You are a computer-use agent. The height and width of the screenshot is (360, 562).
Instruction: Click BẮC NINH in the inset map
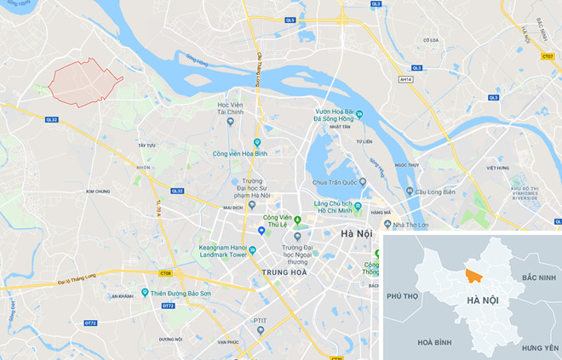pyautogui.click(x=538, y=277)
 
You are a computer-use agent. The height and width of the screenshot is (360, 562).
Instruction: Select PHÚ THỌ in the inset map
pyautogui.click(x=404, y=295)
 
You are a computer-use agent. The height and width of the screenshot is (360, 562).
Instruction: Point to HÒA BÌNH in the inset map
pyautogui.click(x=435, y=341)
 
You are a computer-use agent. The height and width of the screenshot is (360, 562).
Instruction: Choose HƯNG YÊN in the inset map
pyautogui.click(x=539, y=348)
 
